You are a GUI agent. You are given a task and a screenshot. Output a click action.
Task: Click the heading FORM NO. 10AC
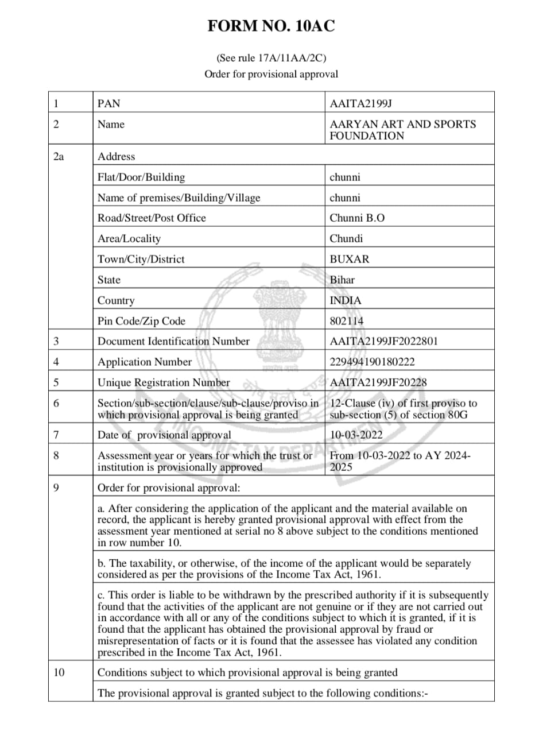[271, 26]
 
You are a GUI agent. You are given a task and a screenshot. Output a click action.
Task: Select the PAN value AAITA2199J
[360, 104]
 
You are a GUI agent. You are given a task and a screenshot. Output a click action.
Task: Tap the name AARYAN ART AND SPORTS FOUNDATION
[402, 130]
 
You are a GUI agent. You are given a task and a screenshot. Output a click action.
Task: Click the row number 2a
[58, 156]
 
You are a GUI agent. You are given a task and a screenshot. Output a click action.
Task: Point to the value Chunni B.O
[357, 218]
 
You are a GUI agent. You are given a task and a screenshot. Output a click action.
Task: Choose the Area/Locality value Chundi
[346, 239]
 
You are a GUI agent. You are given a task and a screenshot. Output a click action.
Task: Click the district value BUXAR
[350, 260]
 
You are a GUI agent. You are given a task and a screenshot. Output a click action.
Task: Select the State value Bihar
[342, 280]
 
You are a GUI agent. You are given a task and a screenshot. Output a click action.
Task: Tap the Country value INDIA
[346, 301]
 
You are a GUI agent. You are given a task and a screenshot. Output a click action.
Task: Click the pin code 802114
[347, 321]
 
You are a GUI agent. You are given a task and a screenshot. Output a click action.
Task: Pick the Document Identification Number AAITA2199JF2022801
[383, 342]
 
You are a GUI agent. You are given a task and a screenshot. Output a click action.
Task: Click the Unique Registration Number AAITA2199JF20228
[378, 383]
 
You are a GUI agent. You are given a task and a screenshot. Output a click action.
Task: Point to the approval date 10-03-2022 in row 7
[356, 435]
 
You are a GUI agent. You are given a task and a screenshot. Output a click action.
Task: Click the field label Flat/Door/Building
[141, 177]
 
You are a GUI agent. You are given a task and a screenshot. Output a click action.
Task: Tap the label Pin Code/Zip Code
[141, 321]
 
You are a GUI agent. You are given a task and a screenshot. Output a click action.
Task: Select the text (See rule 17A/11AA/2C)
[271, 58]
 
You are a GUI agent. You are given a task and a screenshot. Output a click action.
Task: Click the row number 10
[59, 672]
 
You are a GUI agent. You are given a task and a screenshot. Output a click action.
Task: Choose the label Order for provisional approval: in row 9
[169, 488]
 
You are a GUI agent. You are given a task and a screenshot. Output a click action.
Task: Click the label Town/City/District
[141, 260]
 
